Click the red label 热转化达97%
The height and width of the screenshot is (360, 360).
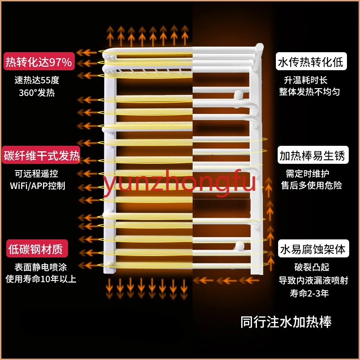pos(38,62)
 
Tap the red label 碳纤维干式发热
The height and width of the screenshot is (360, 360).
pos(41,157)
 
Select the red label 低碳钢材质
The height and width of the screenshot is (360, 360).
pos(34,248)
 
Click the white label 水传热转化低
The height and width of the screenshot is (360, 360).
pos(310,62)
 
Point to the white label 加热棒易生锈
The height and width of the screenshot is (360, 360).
pos(312,156)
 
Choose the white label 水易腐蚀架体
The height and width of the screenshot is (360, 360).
pos(312,249)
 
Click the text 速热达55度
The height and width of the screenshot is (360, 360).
pos(37,81)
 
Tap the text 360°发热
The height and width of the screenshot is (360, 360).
pos(37,93)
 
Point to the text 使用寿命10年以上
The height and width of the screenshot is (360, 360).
pos(41,279)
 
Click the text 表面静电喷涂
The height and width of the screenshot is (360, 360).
pos(37,267)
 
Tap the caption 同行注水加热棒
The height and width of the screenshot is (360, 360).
pos(286,322)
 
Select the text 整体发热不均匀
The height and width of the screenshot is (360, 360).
pos(310,92)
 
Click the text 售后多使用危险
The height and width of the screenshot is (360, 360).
pos(311,185)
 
